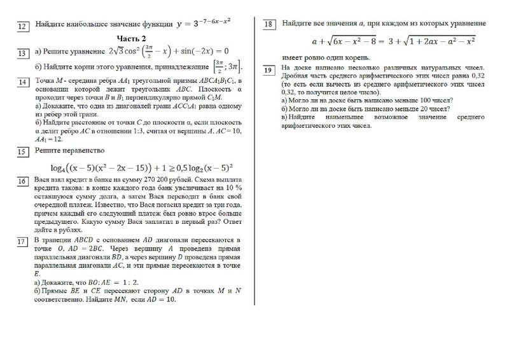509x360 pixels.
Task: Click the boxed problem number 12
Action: tap(22, 26)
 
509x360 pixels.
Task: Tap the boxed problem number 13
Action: tap(22, 53)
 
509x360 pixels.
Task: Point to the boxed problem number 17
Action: tap(22, 242)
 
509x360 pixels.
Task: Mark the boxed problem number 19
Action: tap(268, 69)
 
